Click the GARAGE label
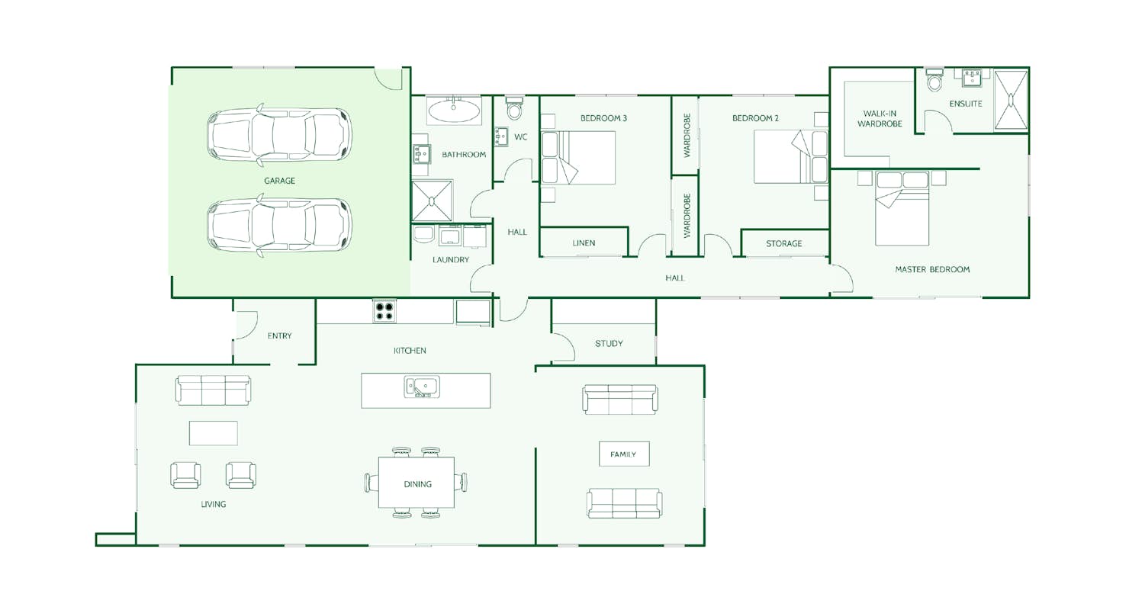pos(279,181)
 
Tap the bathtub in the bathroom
pos(454,111)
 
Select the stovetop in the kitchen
pos(384,311)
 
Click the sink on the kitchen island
pos(422,387)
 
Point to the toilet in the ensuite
pos(934,79)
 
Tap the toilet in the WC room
pos(514,108)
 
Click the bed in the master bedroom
pos(902,209)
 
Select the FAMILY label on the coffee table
pos(623,454)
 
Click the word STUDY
pos(609,344)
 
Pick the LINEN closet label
pos(584,242)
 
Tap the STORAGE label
pos(783,243)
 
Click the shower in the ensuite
pos(1011,100)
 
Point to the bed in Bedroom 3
pos(578,157)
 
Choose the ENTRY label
pos(279,336)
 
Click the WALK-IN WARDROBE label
pos(880,119)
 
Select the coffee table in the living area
pos(213,433)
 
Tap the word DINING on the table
pos(417,484)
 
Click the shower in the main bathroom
pos(432,201)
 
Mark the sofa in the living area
pos(213,390)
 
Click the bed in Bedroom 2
pos(790,156)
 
